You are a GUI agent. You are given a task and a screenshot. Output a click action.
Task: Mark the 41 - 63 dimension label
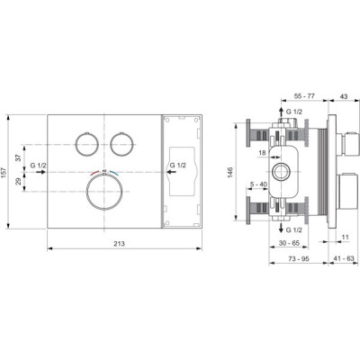(338, 257)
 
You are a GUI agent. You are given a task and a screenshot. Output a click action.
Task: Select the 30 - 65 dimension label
(288, 242)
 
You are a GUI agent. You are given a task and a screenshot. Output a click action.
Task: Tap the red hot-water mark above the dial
(96, 169)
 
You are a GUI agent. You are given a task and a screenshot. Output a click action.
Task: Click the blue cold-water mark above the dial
(113, 169)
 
